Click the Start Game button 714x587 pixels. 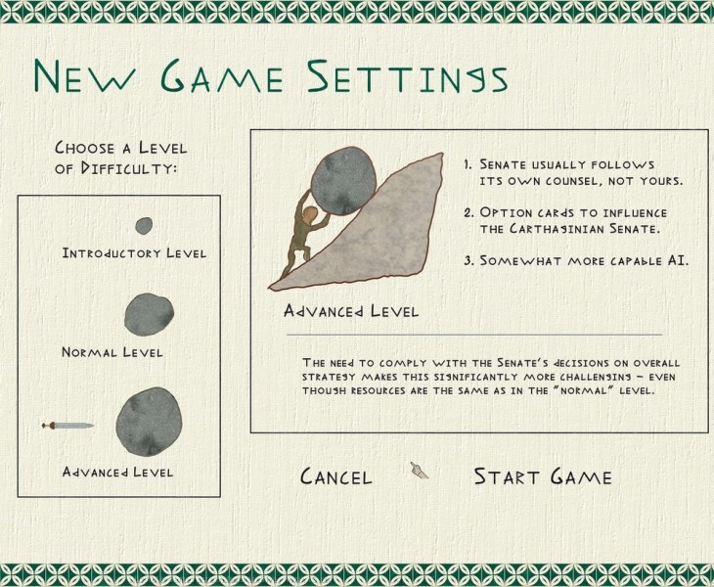point(542,476)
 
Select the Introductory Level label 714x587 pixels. point(134,252)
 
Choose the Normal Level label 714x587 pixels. point(112,352)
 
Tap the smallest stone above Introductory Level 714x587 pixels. point(144,225)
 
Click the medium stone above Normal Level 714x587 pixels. point(149,314)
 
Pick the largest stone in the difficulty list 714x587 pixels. point(149,421)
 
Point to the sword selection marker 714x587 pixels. point(67,426)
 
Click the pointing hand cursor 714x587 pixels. point(419,471)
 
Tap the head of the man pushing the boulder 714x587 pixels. point(311,213)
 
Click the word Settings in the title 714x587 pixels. point(407,76)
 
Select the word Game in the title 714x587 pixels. point(222,76)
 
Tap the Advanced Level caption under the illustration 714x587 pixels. point(350,311)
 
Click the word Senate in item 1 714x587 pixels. point(503,164)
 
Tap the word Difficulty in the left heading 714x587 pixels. point(129,168)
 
